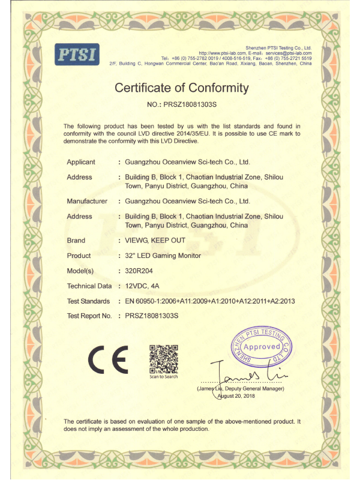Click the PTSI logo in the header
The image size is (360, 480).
click(77, 54)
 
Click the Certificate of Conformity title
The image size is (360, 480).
click(181, 88)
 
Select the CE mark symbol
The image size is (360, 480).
click(109, 359)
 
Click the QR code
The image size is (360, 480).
click(163, 358)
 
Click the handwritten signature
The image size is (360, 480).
click(252, 374)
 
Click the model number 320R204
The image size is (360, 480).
click(139, 271)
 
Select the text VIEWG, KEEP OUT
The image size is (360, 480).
click(155, 240)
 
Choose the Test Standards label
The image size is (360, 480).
click(88, 301)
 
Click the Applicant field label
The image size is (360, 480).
click(81, 162)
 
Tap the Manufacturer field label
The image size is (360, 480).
click(87, 200)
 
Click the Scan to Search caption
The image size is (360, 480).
click(164, 377)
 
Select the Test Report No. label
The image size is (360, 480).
click(89, 316)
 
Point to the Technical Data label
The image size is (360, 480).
click(89, 286)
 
